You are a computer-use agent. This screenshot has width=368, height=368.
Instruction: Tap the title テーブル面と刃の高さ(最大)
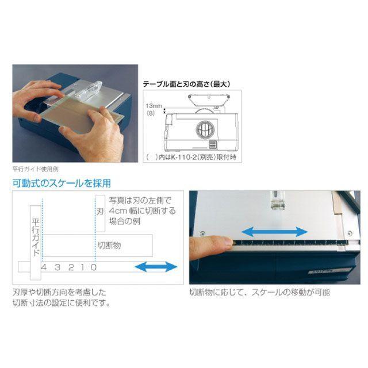pyautogui.click(x=186, y=84)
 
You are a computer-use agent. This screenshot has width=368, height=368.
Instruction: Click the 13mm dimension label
pyautogui.click(x=154, y=106)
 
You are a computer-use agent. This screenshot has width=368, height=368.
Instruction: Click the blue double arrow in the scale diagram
pyautogui.click(x=155, y=267)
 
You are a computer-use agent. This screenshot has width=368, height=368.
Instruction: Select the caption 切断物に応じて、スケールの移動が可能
pyautogui.click(x=260, y=292)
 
